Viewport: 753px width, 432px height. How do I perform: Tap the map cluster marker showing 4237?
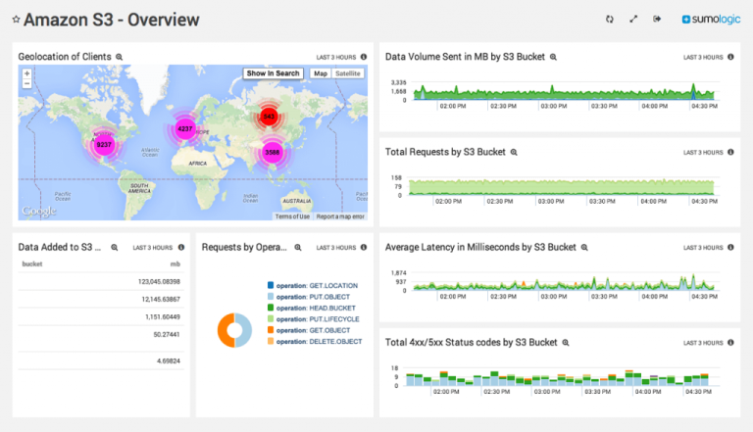pyautogui.click(x=184, y=128)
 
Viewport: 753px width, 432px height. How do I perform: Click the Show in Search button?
pyautogui.click(x=273, y=73)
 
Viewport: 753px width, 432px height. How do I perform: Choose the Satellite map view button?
pyautogui.click(x=348, y=73)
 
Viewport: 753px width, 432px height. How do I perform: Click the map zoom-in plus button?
pyautogui.click(x=26, y=72)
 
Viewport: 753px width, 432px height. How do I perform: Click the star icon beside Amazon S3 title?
pyautogui.click(x=16, y=20)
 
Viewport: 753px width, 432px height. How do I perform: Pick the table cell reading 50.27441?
pyautogui.click(x=162, y=334)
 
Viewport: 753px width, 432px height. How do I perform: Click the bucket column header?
pyautogui.click(x=32, y=264)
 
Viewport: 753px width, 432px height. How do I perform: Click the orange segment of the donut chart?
pyautogui.click(x=225, y=330)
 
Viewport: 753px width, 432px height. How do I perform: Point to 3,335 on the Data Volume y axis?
pyautogui.click(x=398, y=82)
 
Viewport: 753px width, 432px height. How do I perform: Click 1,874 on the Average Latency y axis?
pyautogui.click(x=398, y=272)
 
